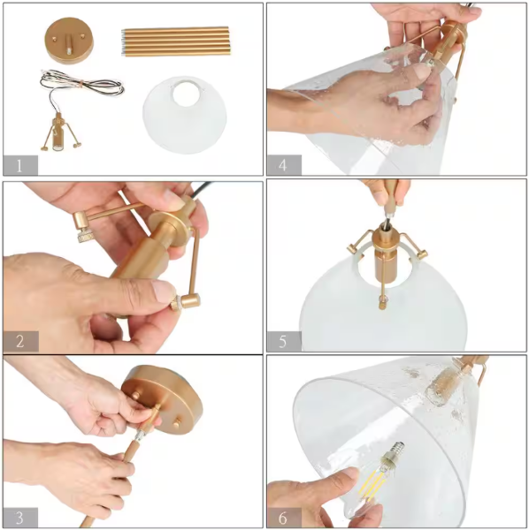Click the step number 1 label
click(x=19, y=166)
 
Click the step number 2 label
click(x=20, y=341)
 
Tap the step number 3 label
click(x=19, y=518)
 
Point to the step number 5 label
click(x=283, y=341)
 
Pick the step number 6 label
click(x=283, y=518)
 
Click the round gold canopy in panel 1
click(x=69, y=41)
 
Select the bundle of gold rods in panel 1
click(x=175, y=42)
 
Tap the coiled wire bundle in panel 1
click(x=81, y=83)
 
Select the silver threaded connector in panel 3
click(x=140, y=435)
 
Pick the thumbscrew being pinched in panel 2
click(x=177, y=303)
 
